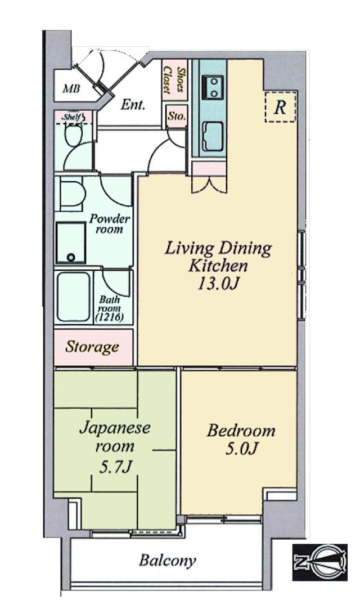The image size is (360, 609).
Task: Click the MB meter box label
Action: tap(72, 89)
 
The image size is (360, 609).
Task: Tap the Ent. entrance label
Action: tap(133, 105)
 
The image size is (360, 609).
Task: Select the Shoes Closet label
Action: tap(174, 80)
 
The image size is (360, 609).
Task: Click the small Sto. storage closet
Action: tap(177, 116)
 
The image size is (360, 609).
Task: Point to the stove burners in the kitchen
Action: tap(213, 87)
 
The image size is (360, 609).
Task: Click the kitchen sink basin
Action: tap(213, 136)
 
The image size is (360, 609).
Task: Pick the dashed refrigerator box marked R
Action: tap(280, 107)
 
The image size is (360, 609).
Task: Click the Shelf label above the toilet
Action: tap(73, 117)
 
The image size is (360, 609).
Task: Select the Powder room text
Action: tap(109, 223)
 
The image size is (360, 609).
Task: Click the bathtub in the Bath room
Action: tap(73, 297)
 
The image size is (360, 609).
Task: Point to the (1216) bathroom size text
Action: tap(109, 317)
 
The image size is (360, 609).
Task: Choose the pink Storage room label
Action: tap(92, 347)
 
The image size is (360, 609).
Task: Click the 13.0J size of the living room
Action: tap(218, 284)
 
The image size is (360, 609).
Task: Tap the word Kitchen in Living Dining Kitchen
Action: tap(218, 266)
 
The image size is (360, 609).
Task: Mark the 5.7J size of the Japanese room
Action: tap(115, 467)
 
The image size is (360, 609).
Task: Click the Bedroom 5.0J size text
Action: tap(241, 449)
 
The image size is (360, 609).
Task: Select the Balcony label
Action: tap(168, 561)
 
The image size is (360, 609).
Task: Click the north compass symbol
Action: tap(319, 562)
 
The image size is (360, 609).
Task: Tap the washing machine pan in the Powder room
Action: tap(70, 243)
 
